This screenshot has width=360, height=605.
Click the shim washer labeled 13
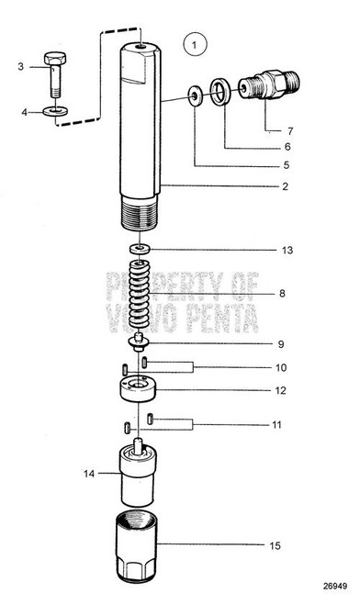click(139, 249)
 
